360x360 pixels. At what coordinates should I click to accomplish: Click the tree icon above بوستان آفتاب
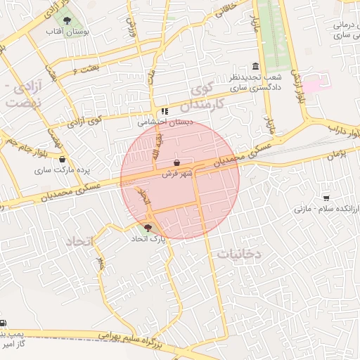pyautogui.click(x=67, y=20)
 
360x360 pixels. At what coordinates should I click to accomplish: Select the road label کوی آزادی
pyautogui.click(x=85, y=120)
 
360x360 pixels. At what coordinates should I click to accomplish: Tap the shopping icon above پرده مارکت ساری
pyautogui.click(x=63, y=159)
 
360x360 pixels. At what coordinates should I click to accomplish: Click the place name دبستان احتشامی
pyautogui.click(x=162, y=122)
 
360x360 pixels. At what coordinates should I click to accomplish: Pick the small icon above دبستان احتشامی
pyautogui.click(x=165, y=111)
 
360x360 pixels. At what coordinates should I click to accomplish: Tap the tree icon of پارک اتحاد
pyautogui.click(x=148, y=228)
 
